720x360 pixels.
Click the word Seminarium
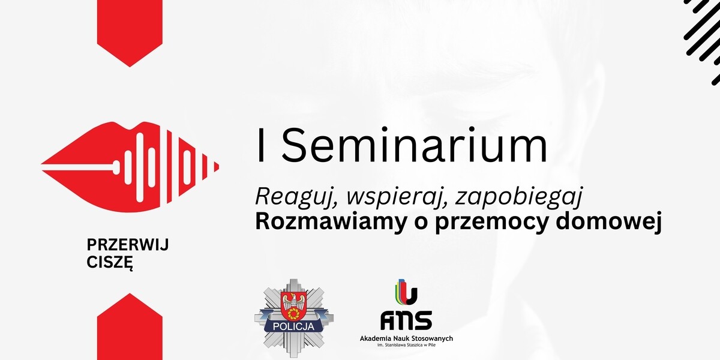click(x=415, y=145)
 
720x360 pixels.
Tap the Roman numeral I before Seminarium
click(x=260, y=145)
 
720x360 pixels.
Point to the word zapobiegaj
click(x=519, y=197)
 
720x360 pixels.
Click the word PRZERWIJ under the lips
click(x=128, y=245)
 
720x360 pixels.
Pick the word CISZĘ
click(x=110, y=263)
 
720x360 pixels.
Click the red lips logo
click(x=130, y=167)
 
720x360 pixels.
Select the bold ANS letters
click(x=406, y=320)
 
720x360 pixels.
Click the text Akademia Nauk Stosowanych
click(x=406, y=338)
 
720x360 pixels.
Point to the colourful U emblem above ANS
click(x=406, y=292)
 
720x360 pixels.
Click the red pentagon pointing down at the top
click(x=130, y=33)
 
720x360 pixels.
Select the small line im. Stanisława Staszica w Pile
click(x=406, y=345)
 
